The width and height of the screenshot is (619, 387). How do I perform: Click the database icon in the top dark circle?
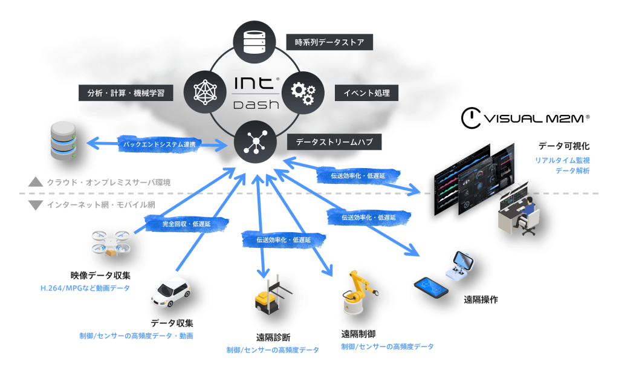tap(254, 42)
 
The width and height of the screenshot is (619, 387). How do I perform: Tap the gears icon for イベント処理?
tap(303, 93)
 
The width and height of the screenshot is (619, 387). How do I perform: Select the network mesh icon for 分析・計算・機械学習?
tap(206, 93)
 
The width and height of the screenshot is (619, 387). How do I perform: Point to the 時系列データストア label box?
tap(329, 42)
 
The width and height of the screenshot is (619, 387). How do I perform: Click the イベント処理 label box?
tap(366, 93)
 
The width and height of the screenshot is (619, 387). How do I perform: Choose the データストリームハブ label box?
tap(334, 141)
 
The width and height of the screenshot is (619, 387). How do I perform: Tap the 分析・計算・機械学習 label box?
tap(126, 93)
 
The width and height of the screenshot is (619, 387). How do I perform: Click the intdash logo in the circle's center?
tap(256, 93)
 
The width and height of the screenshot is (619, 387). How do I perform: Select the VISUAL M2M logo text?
tap(525, 118)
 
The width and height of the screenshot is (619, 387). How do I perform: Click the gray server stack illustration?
tap(63, 140)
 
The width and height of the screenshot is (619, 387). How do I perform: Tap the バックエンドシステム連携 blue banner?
tap(160, 144)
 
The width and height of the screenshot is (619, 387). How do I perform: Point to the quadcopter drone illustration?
tap(111, 243)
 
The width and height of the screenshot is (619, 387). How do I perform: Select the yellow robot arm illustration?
tap(359, 292)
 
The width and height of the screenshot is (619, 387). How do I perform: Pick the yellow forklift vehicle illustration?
tap(271, 298)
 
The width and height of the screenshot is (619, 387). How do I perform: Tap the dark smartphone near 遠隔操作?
tap(431, 287)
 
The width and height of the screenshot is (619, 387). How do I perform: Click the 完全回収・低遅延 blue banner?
tap(187, 224)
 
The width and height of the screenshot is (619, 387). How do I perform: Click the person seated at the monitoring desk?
tap(527, 211)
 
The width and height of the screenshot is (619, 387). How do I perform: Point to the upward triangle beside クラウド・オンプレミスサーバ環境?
tap(36, 182)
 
